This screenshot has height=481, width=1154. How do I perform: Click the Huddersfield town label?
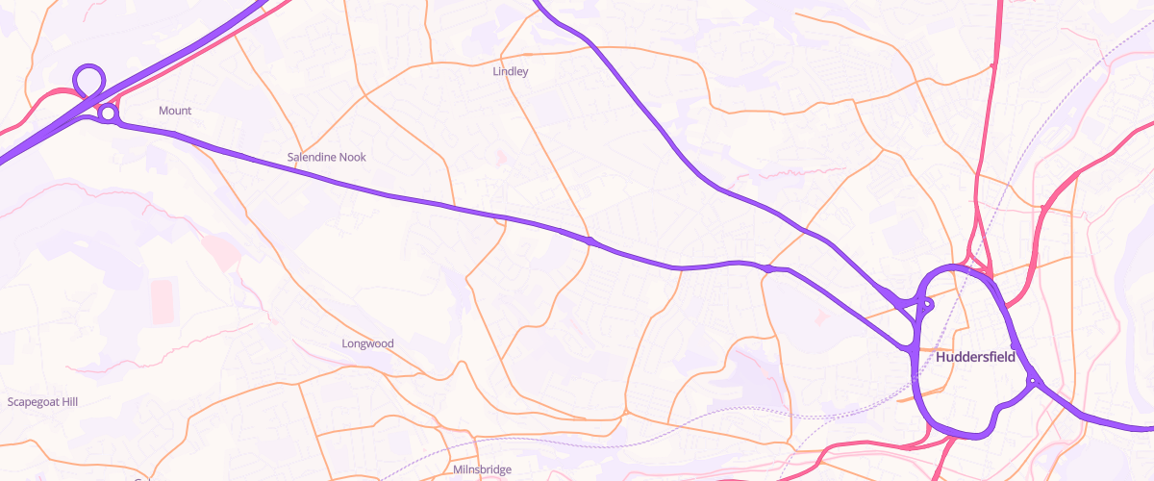pos(975,357)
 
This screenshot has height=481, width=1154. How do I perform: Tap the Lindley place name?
pos(511,71)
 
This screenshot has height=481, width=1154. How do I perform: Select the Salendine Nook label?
pos(327,157)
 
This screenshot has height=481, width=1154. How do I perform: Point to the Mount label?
pos(175,111)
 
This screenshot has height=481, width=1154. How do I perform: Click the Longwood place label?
pos(368,343)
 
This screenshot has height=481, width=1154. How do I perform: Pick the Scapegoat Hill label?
pos(42,401)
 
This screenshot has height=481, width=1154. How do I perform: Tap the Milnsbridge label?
pos(482,469)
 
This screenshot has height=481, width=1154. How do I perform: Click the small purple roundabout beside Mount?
pos(109,114)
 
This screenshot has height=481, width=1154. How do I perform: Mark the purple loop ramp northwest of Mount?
pos(88,78)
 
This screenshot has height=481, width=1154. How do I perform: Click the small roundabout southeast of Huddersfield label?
pos(1033,381)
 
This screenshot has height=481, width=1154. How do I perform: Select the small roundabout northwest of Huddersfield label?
pos(927,305)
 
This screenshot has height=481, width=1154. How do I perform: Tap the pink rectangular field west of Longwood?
pos(164,300)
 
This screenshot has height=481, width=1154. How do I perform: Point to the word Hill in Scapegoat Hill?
pos(67,401)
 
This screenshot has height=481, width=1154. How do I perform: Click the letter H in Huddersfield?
pos(941,357)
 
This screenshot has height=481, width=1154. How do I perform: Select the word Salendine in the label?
pos(312,157)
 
